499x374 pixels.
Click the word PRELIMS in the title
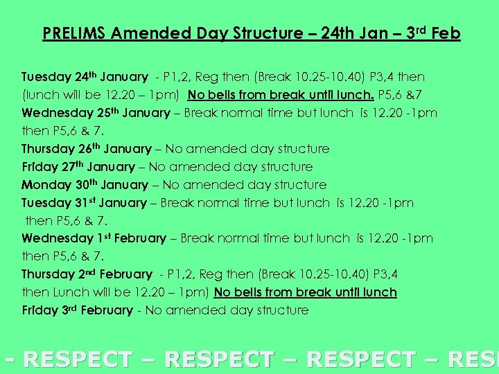74,33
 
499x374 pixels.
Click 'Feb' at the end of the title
446,33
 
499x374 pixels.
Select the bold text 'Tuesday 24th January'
85,77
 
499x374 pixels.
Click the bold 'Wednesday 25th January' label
96,113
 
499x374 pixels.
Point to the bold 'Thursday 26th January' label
87,149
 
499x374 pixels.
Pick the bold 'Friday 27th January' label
78,167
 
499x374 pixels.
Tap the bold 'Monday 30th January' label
85,185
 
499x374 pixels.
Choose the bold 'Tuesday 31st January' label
84,203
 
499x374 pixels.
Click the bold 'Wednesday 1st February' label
94,238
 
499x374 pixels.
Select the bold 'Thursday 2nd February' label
87,274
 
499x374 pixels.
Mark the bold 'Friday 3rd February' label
77,310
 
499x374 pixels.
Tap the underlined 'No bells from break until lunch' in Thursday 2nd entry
305,292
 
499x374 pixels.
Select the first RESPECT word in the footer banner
78,359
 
